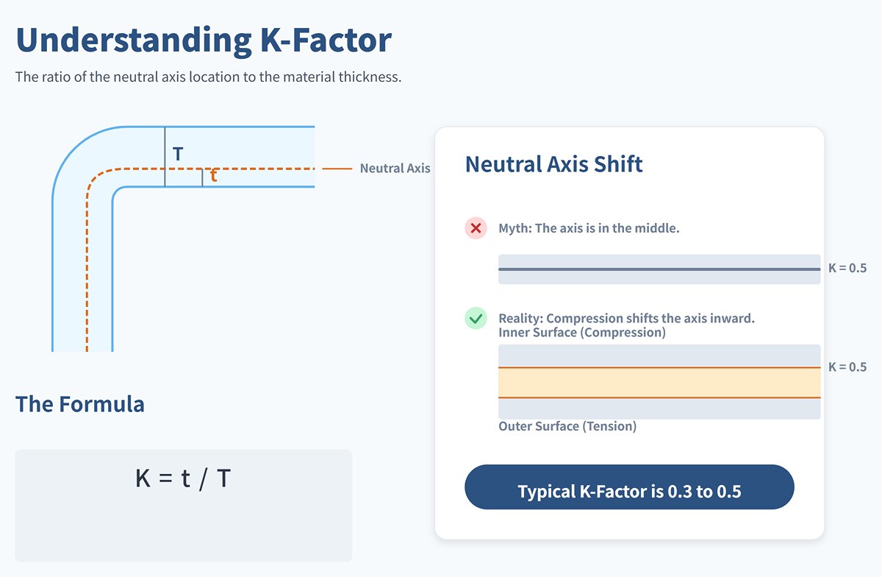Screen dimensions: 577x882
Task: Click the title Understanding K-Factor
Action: (x=204, y=40)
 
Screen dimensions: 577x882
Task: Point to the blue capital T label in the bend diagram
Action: (x=178, y=155)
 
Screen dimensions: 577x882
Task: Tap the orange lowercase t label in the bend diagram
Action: (x=213, y=177)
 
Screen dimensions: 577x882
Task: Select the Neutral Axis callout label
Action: (x=395, y=169)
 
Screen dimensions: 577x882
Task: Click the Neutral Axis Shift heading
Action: (x=553, y=164)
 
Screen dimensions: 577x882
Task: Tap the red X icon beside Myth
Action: (x=476, y=228)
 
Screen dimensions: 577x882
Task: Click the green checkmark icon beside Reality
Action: (x=476, y=319)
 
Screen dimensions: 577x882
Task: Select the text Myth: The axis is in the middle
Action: (x=589, y=228)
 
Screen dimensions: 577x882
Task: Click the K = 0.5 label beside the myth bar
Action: (x=847, y=269)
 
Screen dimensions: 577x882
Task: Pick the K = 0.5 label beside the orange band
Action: (x=847, y=367)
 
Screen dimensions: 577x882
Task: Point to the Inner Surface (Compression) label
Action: (x=581, y=333)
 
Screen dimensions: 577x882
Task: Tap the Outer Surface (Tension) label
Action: (x=567, y=426)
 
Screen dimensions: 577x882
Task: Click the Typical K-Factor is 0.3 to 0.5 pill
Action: (x=629, y=491)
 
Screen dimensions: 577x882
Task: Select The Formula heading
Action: (x=79, y=404)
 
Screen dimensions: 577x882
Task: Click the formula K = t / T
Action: (x=183, y=479)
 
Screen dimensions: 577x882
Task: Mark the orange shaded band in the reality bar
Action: (x=659, y=383)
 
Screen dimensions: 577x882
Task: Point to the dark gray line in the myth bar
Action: (x=659, y=269)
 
